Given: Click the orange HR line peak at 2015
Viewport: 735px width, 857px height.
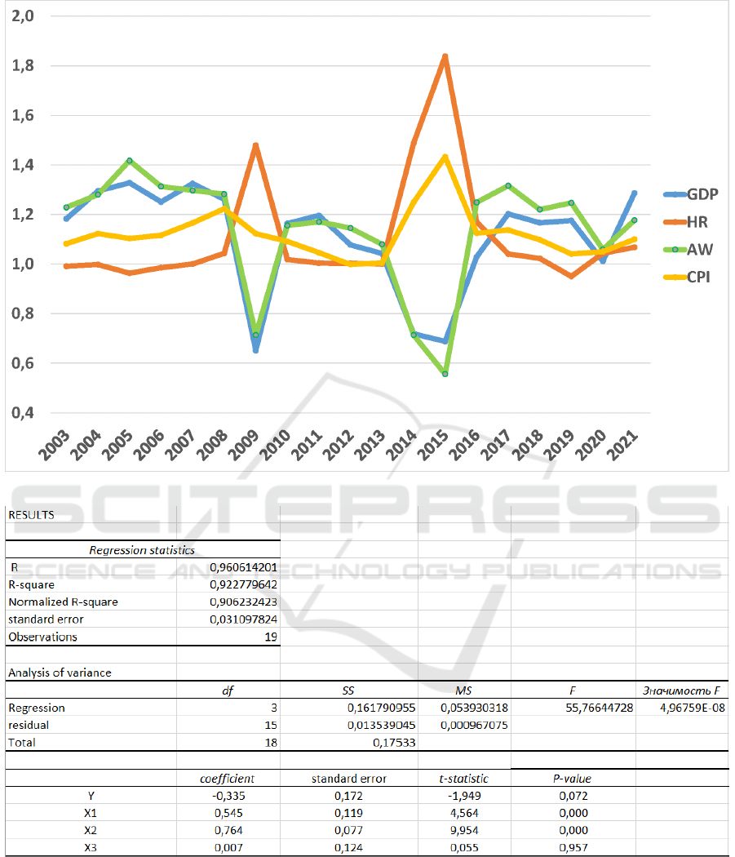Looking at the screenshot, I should pyautogui.click(x=445, y=56).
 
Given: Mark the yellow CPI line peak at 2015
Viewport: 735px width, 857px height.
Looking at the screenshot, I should pyautogui.click(x=445, y=156).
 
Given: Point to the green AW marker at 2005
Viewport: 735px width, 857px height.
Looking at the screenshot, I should pyautogui.click(x=130, y=161).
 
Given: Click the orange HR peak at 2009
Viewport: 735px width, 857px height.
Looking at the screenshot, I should pyautogui.click(x=256, y=145).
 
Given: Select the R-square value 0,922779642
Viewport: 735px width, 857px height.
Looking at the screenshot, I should pyautogui.click(x=243, y=584).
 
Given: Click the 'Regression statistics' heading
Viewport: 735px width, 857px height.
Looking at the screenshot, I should pyautogui.click(x=141, y=550).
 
